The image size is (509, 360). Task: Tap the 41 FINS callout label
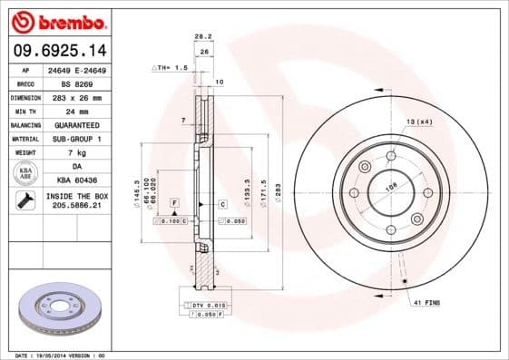(x=426, y=301)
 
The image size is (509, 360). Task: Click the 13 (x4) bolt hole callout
(x=418, y=121)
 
